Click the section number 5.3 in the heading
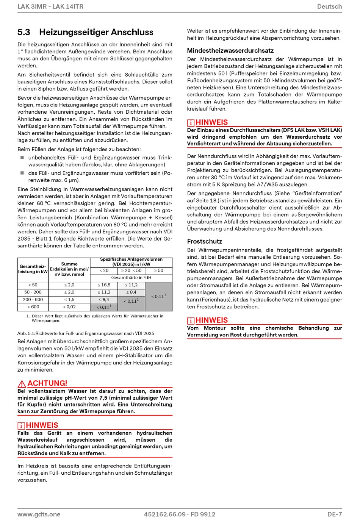point(24,32)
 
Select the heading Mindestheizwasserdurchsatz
point(230,50)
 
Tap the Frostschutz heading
point(204,241)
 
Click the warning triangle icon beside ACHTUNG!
point(22,383)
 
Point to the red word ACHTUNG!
point(47,383)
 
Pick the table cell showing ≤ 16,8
point(104,285)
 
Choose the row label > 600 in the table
point(33,307)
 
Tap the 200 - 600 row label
point(33,299)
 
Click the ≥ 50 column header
point(158,270)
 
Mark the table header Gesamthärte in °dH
point(131,278)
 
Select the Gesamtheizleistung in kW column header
point(33,269)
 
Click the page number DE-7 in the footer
point(335,514)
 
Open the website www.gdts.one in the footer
point(39,514)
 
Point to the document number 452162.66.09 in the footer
point(165,514)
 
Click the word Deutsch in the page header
point(329,6)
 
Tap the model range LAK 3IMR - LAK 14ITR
point(50,6)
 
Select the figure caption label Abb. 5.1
point(26,333)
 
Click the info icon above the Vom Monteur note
point(191,321)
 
